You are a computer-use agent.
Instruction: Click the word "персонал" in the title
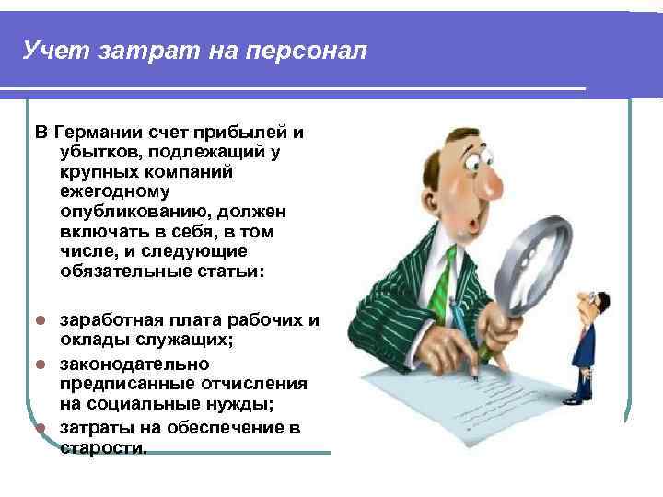306,50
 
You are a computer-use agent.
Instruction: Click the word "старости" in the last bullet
102,448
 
